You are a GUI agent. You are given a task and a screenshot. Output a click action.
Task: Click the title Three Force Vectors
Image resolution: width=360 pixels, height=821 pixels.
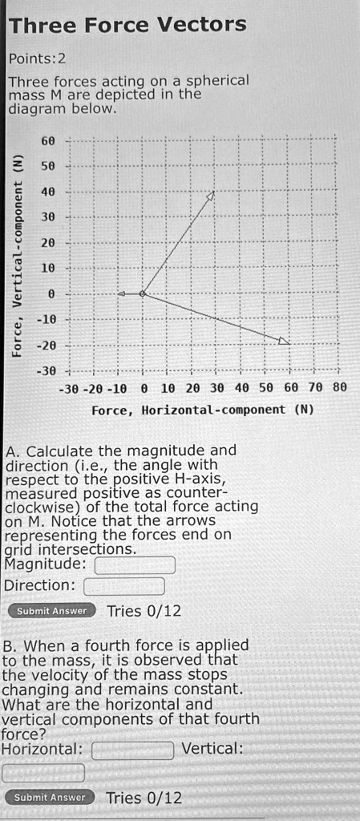127,25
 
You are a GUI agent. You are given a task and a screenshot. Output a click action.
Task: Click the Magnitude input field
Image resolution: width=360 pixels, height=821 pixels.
135,566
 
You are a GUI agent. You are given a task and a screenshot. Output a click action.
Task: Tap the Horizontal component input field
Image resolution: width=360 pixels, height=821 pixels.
132,750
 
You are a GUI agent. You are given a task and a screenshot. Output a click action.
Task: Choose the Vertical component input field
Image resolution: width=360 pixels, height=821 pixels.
43,773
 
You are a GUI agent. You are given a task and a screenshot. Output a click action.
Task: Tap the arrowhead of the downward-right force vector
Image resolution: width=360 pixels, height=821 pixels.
285,341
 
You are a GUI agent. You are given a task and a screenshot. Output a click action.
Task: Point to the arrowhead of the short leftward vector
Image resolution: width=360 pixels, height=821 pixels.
121,294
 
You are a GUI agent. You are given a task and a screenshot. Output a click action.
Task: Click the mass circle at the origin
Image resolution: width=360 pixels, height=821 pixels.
143,294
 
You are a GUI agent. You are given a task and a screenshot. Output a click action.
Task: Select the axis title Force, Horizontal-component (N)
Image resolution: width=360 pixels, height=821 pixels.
202,410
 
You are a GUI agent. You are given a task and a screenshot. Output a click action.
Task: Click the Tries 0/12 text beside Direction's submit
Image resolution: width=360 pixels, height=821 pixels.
144,612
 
